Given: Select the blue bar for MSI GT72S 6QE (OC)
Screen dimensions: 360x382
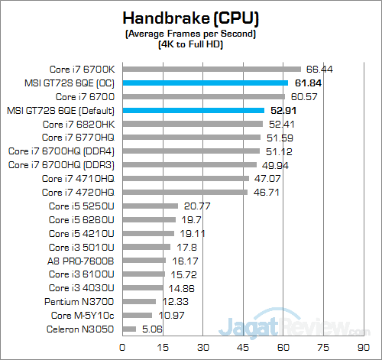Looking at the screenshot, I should [x=205, y=83].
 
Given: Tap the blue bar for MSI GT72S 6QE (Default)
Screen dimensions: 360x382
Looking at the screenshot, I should [x=193, y=110].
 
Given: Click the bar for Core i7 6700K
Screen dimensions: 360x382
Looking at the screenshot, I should [x=211, y=69].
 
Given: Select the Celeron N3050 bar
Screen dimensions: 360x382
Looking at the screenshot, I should [x=129, y=329].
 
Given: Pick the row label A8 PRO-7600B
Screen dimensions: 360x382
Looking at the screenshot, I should [x=81, y=261].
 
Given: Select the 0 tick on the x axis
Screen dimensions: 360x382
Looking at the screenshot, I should [x=122, y=347].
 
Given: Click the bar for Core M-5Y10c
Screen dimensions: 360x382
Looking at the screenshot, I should [x=137, y=316].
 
